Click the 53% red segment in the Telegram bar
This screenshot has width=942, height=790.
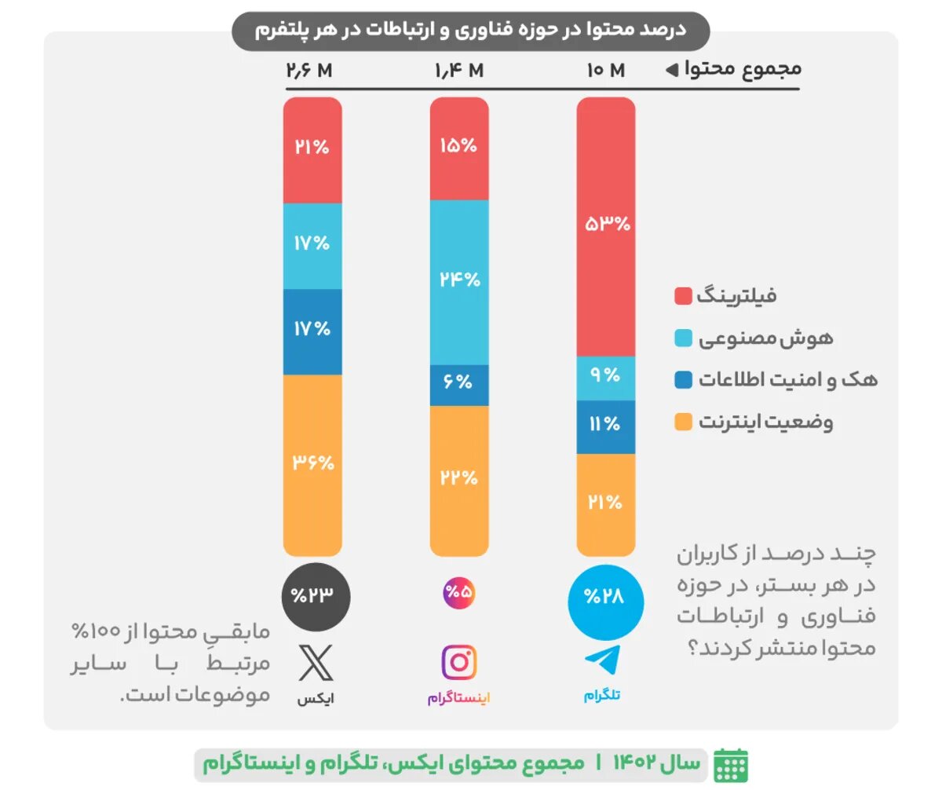[x=605, y=226]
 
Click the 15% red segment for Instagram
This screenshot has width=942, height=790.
[x=459, y=147]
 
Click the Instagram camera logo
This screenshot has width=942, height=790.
[x=460, y=663]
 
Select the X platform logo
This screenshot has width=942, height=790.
[x=316, y=663]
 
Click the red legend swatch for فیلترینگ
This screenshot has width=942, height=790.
[x=683, y=296]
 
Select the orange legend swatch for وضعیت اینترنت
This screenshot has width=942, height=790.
[x=683, y=422]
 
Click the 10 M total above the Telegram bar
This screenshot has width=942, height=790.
[x=605, y=71]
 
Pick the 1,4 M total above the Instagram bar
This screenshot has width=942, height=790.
[x=459, y=71]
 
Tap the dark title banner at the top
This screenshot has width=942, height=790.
[x=470, y=31]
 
